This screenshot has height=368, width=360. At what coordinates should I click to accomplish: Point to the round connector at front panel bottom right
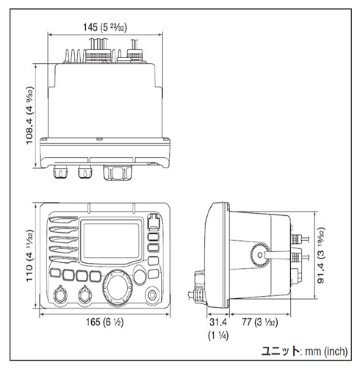click(x=153, y=296)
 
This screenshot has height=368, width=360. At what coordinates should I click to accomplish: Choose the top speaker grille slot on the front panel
click(x=61, y=218)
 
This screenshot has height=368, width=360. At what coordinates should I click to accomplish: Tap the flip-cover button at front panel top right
click(x=153, y=221)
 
